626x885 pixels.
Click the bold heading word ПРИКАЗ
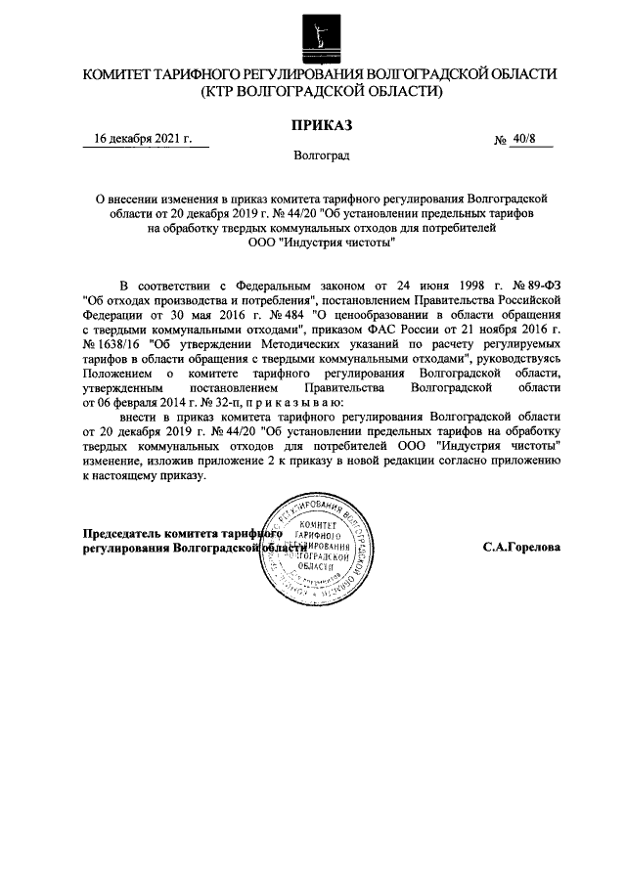pyautogui.click(x=319, y=122)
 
